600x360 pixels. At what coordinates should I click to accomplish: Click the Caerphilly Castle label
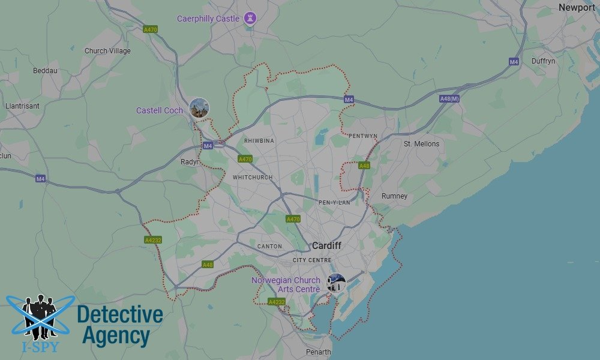tap(208, 19)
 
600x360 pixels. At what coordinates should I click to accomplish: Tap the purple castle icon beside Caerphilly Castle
tap(251, 19)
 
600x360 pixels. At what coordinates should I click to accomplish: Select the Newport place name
tap(577, 8)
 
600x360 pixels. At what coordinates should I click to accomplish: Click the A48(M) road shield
tap(449, 98)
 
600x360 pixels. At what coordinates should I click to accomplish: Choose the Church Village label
tap(107, 51)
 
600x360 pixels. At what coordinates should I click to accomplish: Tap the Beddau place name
tap(45, 71)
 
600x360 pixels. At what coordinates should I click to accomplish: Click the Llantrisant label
tap(22, 106)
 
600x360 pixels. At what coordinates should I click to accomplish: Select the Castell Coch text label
tap(160, 110)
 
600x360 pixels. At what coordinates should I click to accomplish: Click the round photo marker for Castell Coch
tap(199, 108)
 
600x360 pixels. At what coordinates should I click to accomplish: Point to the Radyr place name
tap(190, 162)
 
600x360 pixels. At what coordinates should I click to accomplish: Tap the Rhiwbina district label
tap(259, 141)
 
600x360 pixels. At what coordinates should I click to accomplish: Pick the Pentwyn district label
tap(363, 136)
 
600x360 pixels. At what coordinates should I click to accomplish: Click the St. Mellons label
tap(421, 144)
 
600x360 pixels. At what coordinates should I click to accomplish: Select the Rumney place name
tap(394, 196)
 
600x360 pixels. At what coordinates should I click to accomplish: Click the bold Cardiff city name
tap(326, 246)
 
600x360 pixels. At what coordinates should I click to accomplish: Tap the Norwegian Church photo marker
tap(336, 283)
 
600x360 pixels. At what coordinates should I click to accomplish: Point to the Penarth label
tap(317, 352)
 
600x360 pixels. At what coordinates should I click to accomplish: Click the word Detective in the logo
tap(120, 314)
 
